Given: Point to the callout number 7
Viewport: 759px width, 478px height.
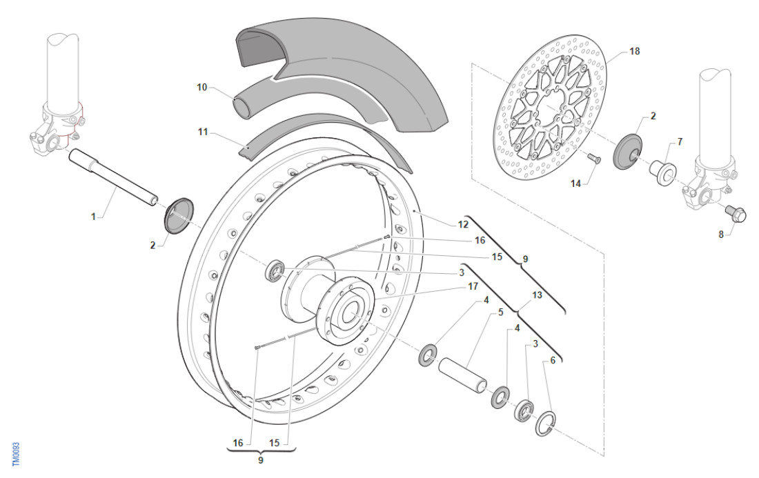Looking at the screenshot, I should click(x=680, y=141).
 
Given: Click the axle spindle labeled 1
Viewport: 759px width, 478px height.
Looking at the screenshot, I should click(x=114, y=177).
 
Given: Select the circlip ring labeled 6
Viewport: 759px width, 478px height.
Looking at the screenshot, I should click(x=546, y=424).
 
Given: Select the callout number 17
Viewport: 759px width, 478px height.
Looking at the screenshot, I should click(x=473, y=285).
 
